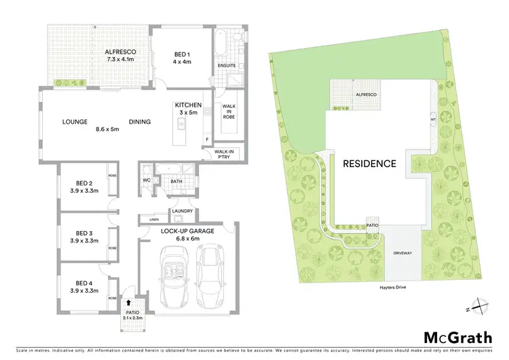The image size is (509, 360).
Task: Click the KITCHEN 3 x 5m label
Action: click(x=188, y=109)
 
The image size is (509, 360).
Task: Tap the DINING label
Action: click(x=138, y=122)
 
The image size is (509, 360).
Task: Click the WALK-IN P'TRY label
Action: click(x=225, y=154)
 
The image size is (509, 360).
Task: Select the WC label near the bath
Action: click(x=146, y=180)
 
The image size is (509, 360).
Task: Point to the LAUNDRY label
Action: click(x=183, y=211)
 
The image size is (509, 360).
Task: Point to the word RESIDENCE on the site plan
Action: click(x=369, y=164)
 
